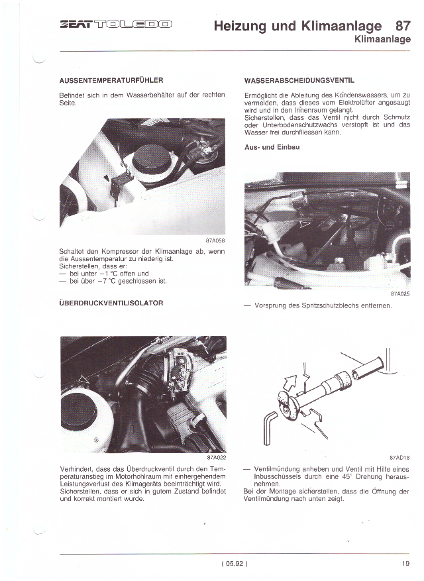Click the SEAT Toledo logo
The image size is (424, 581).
tap(115, 26)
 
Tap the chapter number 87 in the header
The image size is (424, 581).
tap(401, 26)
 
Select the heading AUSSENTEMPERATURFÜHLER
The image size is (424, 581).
tap(111, 80)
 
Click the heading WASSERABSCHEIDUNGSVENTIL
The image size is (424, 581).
tap(299, 80)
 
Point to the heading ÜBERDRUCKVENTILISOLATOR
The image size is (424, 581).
tap(111, 303)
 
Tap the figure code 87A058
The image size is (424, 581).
tap(215, 240)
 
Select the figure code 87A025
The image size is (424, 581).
tap(399, 293)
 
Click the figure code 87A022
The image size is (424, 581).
tap(215, 457)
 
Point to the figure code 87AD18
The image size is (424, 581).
tap(399, 457)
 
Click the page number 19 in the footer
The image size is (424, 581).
tap(405, 564)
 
